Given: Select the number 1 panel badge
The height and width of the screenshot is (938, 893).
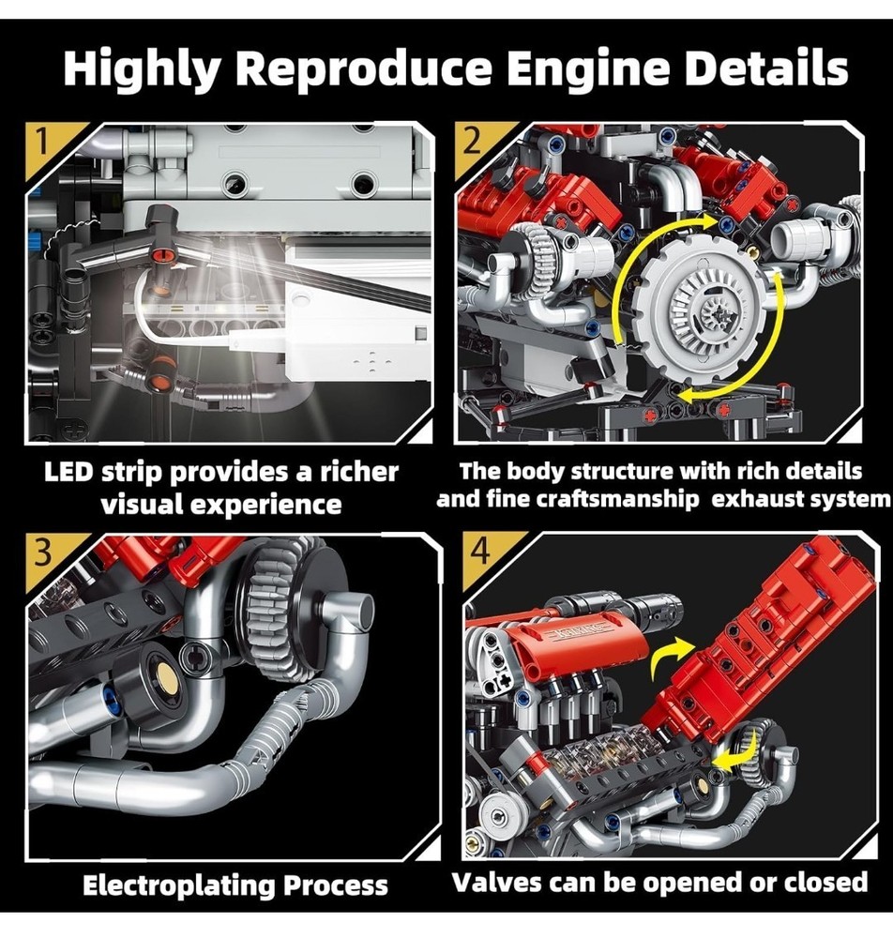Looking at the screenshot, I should pos(41,146).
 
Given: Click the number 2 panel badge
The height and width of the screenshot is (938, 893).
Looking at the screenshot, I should pos(471,146).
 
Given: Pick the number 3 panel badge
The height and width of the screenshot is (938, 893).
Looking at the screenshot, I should pos(42,552).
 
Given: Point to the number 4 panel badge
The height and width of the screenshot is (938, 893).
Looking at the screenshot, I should pos(479,552).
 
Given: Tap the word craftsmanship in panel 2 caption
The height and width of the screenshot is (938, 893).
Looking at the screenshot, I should pos(605,499).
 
